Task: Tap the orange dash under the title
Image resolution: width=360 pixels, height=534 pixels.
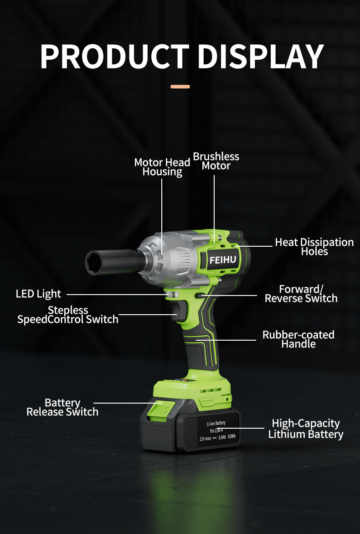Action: [x=180, y=87]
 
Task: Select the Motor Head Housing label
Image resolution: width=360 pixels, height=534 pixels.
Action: [x=162, y=167]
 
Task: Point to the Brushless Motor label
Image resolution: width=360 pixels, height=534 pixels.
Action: [x=216, y=161]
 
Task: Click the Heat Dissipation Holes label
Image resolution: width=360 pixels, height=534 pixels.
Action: [x=314, y=247]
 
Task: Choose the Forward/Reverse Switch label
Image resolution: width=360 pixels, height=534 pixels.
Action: [x=301, y=294]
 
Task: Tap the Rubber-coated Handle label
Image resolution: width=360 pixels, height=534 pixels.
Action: [x=298, y=339]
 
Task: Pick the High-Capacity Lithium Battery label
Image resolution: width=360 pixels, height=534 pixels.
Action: [x=306, y=429]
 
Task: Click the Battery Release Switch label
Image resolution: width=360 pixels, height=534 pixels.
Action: [x=62, y=407]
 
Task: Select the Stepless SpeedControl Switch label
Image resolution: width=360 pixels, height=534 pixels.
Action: [x=68, y=315]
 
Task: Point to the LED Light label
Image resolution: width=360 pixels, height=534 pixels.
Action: [x=38, y=294]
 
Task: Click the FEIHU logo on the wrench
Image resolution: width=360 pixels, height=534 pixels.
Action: [x=223, y=260]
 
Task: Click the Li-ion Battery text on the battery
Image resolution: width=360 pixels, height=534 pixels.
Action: [x=216, y=423]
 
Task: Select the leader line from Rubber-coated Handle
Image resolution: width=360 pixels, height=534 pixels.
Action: [x=226, y=340]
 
